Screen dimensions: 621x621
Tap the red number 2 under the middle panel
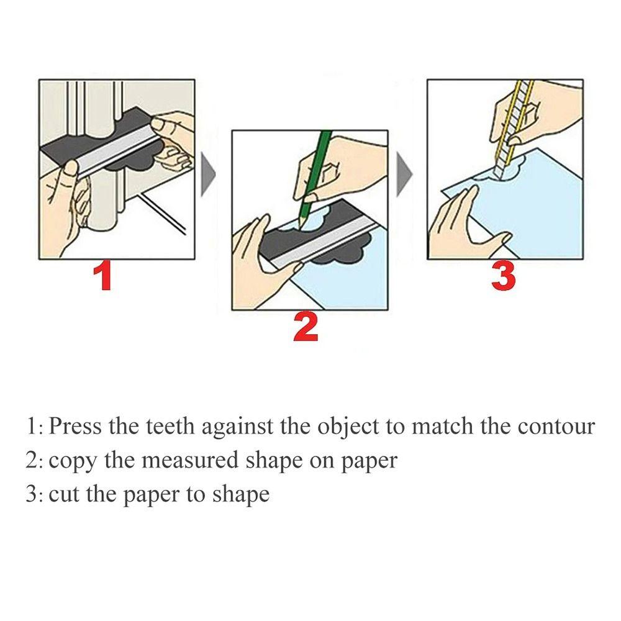(306, 327)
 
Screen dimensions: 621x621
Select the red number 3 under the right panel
(503, 276)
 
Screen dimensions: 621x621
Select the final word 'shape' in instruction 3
(241, 495)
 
